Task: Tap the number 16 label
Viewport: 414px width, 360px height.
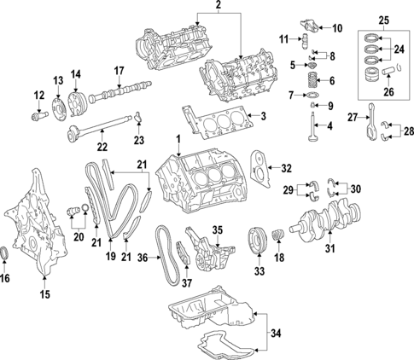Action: pos(7,277)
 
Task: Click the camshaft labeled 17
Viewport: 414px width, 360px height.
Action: pos(123,89)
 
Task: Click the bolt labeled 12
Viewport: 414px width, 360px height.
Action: pos(39,110)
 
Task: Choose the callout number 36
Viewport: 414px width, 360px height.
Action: pos(144,258)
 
